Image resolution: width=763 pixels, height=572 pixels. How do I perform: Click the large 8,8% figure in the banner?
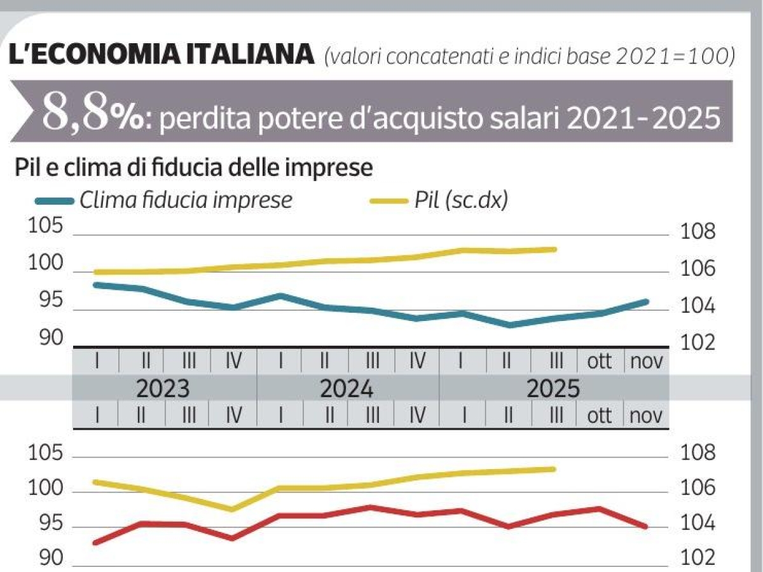(93, 112)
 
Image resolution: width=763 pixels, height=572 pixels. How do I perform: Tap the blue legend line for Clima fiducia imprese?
(55, 201)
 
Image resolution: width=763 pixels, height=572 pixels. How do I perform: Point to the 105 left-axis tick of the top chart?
(46, 228)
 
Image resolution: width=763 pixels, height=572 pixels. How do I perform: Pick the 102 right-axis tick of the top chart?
(698, 343)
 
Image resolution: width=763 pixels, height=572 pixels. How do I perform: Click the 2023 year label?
(163, 388)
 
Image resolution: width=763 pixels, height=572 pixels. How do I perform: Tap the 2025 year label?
(553, 388)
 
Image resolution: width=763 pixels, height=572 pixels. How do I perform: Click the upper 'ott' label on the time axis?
(598, 362)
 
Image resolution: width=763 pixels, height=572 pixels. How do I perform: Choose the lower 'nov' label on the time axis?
(646, 416)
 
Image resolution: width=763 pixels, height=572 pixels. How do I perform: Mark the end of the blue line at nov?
(647, 301)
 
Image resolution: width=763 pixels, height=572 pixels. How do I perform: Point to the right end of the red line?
(646, 526)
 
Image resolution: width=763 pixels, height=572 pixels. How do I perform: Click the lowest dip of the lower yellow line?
(232, 509)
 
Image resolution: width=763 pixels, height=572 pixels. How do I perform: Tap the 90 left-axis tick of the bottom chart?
(46, 559)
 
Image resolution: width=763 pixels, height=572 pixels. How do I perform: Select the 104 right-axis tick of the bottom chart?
(698, 524)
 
